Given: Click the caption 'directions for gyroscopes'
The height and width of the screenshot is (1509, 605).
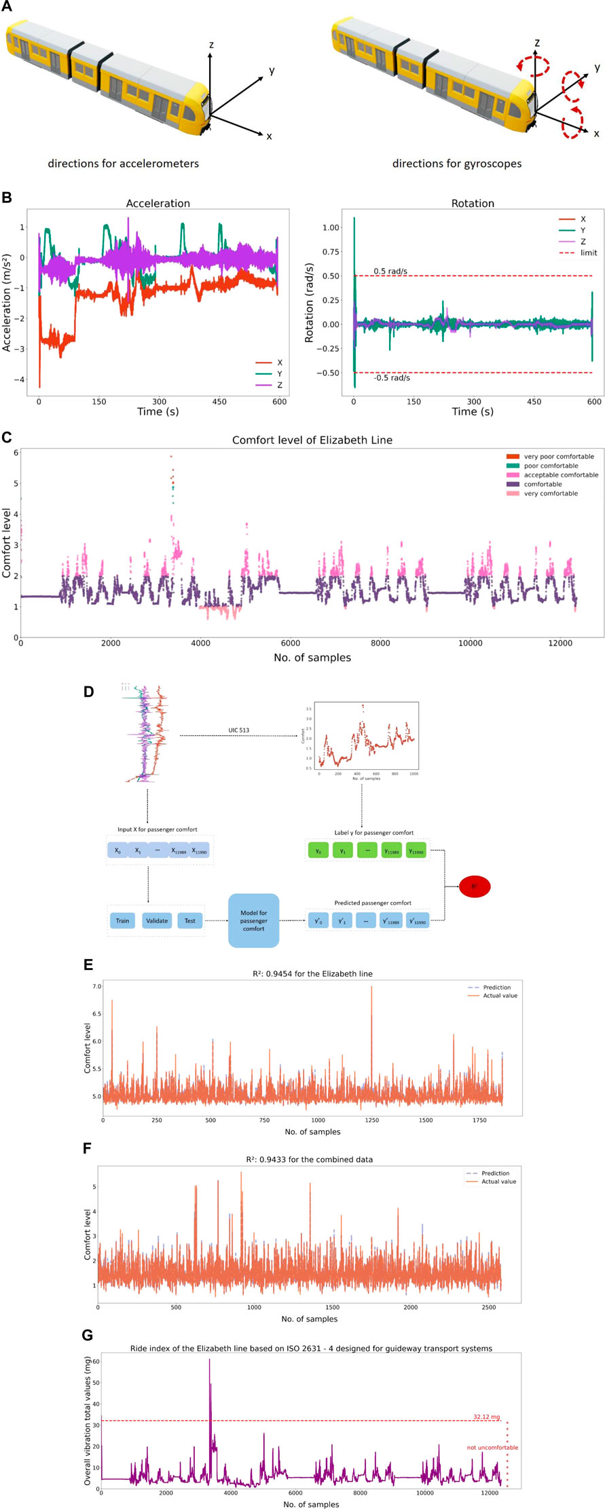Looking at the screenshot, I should (x=456, y=164).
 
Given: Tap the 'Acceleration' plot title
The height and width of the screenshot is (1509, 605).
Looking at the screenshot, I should (x=158, y=204).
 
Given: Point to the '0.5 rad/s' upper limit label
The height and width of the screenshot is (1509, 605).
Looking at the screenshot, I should (x=390, y=272).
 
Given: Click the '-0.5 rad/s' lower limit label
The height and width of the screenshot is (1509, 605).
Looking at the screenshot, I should (x=392, y=378).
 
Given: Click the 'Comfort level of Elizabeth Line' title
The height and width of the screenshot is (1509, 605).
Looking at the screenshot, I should (x=312, y=440).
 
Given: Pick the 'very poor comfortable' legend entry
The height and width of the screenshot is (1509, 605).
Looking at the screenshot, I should (x=558, y=457).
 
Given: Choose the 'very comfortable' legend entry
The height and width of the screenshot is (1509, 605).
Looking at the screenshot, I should (x=550, y=493).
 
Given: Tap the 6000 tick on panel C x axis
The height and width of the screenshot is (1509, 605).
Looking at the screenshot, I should (x=290, y=644).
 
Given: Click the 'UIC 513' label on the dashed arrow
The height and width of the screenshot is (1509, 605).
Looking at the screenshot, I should (x=238, y=730).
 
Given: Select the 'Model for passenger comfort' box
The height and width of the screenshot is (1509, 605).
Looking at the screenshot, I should (x=253, y=920).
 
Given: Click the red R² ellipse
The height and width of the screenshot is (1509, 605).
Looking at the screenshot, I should (x=475, y=887).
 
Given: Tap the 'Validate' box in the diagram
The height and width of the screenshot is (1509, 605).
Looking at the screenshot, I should (x=157, y=921).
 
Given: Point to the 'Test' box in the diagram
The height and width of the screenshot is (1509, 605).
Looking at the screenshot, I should (x=190, y=921).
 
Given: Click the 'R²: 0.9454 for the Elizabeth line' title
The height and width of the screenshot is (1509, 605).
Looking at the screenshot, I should (x=312, y=973).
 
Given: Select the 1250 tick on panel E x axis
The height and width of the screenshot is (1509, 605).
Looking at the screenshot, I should (x=371, y=1121).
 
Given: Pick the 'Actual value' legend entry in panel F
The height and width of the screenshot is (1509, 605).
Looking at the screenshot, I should (x=498, y=1182).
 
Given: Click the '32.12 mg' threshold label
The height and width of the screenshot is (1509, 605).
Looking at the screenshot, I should (x=486, y=1417).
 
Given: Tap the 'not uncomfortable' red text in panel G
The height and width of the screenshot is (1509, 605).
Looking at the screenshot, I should (x=492, y=1448).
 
